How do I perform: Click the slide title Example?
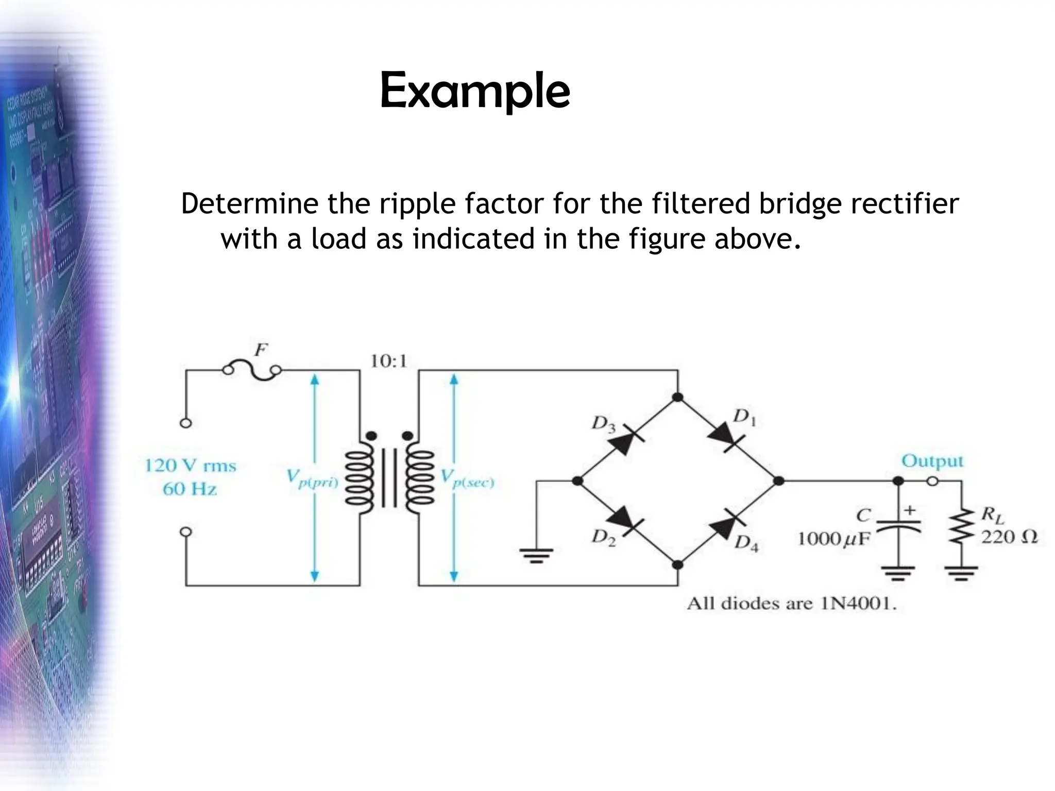click(474, 92)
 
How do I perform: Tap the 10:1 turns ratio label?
click(389, 362)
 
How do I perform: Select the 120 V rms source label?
click(190, 466)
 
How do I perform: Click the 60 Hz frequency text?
click(190, 489)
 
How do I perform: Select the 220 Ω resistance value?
click(1009, 537)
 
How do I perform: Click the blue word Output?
click(932, 461)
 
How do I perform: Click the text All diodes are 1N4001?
click(791, 604)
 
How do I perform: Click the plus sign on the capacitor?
click(910, 510)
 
